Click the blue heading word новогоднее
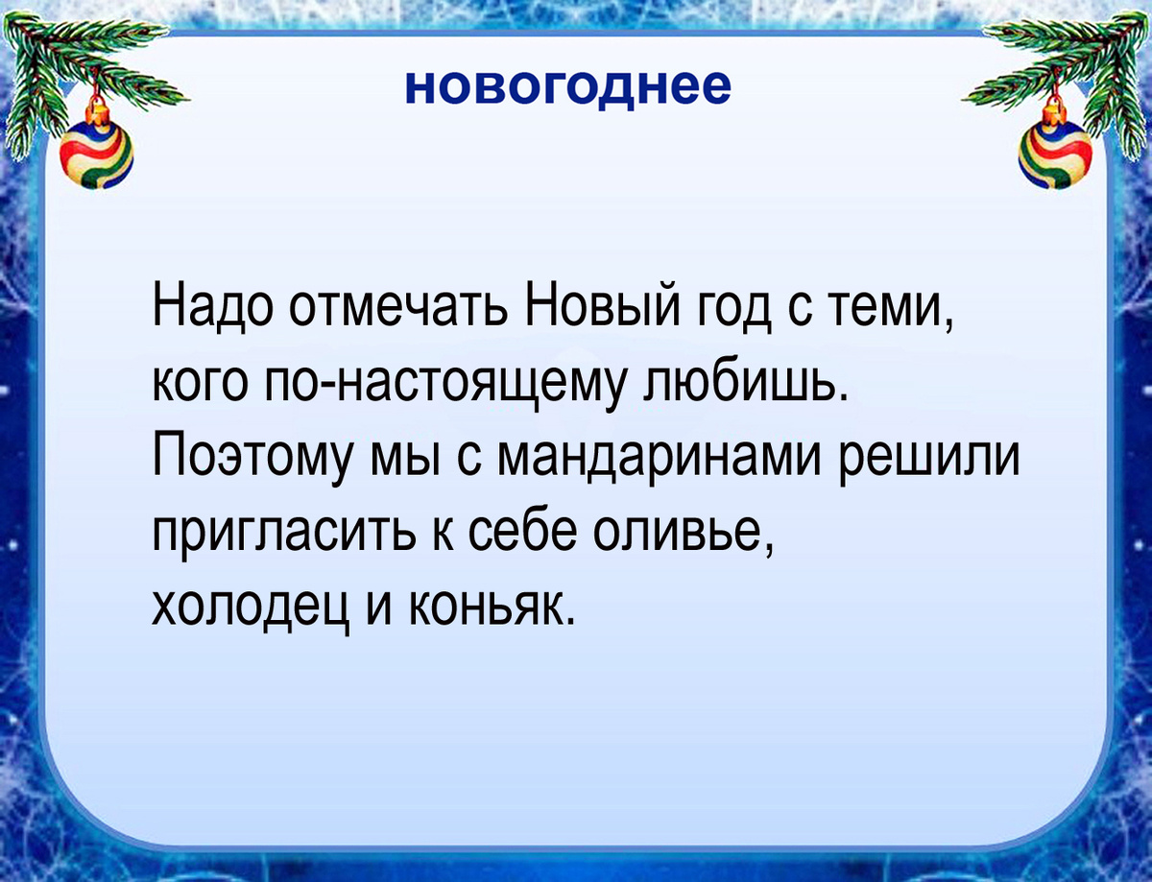[567, 87]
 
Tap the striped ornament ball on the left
[97, 155]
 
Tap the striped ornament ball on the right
[1056, 155]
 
